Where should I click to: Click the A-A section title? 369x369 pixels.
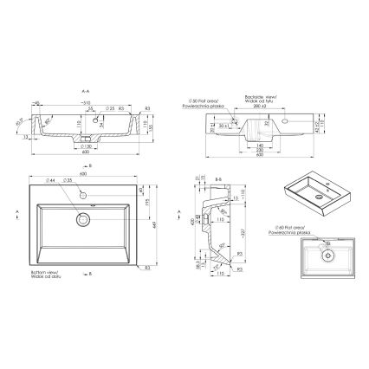(x=85, y=89)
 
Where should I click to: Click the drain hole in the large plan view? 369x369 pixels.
(x=83, y=220)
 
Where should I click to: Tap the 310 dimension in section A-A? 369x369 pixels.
(x=85, y=101)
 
